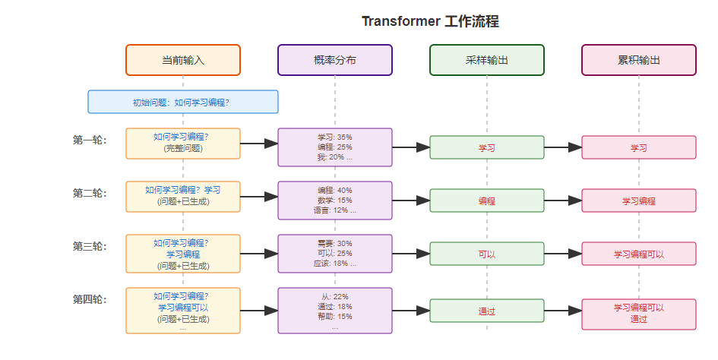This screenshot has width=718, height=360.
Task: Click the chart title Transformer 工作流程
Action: [430, 21]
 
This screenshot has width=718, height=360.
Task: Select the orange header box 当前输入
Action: [183, 60]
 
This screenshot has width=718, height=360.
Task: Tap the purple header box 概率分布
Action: [335, 60]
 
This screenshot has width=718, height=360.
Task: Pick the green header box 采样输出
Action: [487, 60]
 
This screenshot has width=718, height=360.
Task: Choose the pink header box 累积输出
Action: [639, 60]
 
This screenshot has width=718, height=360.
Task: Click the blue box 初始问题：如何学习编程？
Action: [183, 102]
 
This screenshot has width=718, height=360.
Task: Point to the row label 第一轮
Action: [90, 140]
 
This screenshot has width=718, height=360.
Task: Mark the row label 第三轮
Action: [90, 246]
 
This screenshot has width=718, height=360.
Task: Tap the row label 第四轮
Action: [90, 299]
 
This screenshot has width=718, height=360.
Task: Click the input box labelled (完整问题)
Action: [183, 144]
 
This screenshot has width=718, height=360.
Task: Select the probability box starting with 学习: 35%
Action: [335, 147]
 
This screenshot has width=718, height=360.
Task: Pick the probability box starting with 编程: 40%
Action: [335, 201]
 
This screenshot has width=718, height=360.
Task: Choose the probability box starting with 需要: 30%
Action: [335, 253]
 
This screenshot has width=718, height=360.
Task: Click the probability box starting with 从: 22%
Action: [335, 311]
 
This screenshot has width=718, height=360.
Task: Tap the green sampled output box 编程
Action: [487, 201]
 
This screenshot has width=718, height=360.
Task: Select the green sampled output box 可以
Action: [487, 254]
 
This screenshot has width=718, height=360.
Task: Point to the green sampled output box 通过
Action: [487, 311]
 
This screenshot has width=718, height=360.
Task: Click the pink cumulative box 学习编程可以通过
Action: [639, 314]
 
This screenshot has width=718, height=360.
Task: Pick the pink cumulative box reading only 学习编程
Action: [639, 201]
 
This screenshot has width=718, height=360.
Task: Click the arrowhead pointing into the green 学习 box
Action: [423, 147]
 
